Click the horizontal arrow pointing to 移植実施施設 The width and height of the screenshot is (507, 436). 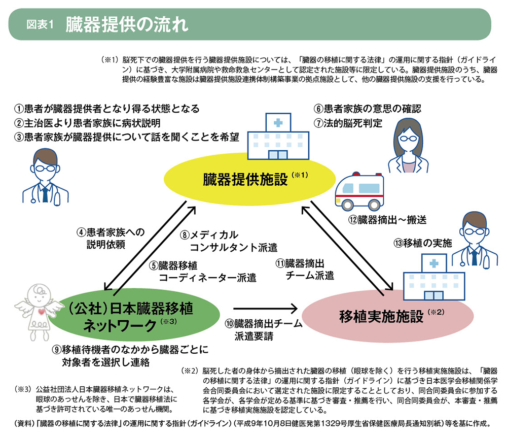click(x=265, y=308)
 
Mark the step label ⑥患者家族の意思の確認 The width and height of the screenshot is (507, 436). click(x=368, y=109)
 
